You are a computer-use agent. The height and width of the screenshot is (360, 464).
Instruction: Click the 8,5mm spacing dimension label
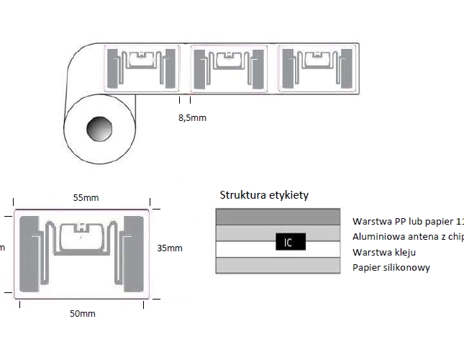pos(192,117)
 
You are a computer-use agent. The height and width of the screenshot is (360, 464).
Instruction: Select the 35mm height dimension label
pos(169,248)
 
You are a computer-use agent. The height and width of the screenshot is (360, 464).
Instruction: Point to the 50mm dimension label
pos(82,314)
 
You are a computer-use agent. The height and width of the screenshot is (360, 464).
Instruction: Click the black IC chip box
pos(287,242)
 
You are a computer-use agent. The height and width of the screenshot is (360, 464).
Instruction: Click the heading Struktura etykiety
pos(265,196)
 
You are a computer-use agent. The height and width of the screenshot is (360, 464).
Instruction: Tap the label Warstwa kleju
pos(384,253)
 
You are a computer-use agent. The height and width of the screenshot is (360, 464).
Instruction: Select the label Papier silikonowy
pos(391,268)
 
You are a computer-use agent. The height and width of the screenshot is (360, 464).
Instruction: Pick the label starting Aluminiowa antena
pos(407,237)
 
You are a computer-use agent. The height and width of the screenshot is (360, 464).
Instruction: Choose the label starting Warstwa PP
pos(407,221)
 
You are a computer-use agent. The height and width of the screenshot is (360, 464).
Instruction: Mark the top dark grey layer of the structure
pos(278,217)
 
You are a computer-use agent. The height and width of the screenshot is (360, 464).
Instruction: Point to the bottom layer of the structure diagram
pos(278,266)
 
